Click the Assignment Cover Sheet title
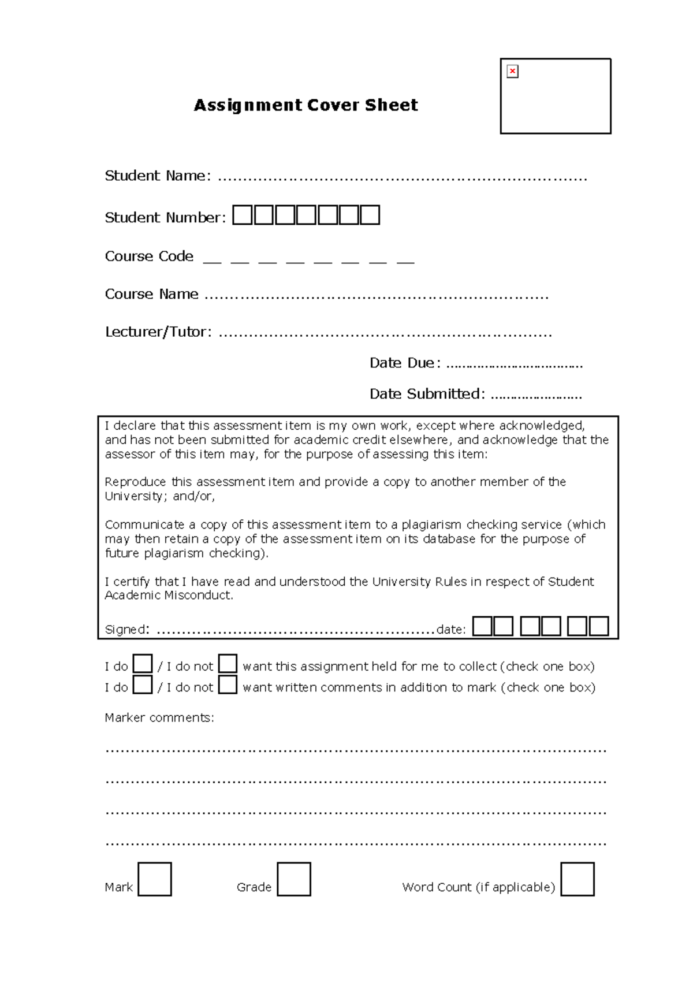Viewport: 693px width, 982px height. click(x=305, y=105)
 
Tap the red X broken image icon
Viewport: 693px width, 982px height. click(x=512, y=71)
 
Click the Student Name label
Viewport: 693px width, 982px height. click(x=158, y=176)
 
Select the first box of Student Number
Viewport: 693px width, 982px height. click(x=243, y=215)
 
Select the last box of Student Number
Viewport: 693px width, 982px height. click(x=370, y=215)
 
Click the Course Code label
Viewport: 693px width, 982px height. click(x=149, y=256)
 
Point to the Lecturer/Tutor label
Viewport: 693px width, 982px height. click(x=158, y=332)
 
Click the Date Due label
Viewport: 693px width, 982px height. click(x=405, y=363)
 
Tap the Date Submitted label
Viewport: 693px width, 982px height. click(x=427, y=394)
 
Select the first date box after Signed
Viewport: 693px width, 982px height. click(x=482, y=626)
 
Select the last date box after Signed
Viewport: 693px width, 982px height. click(x=599, y=626)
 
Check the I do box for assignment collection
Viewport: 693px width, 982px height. click(x=143, y=664)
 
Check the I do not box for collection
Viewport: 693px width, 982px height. click(x=228, y=664)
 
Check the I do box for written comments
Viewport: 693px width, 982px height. click(x=143, y=685)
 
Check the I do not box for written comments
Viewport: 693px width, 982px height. click(x=228, y=685)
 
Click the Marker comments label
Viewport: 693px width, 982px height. click(x=159, y=717)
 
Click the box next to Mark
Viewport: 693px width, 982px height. click(x=155, y=879)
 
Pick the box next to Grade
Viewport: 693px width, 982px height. click(x=294, y=879)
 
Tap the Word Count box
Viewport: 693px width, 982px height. click(x=577, y=879)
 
